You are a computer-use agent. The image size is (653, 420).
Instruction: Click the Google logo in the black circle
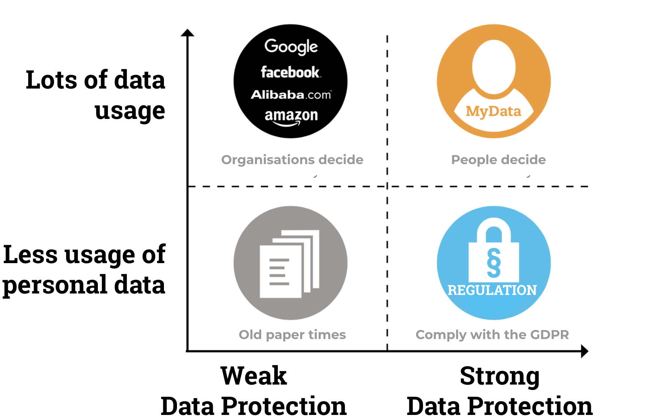pyautogui.click(x=291, y=47)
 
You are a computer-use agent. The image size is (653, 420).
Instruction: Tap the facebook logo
pyautogui.click(x=291, y=72)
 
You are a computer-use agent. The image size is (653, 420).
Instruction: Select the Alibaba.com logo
pyautogui.click(x=291, y=95)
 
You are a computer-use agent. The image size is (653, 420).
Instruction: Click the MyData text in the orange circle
pyautogui.click(x=493, y=112)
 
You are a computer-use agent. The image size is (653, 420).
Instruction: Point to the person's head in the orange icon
pyautogui.click(x=493, y=67)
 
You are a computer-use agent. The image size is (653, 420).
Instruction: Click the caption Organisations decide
pyautogui.click(x=292, y=160)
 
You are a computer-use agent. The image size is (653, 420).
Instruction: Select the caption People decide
pyautogui.click(x=498, y=160)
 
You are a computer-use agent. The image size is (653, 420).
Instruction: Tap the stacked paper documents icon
pyautogui.click(x=289, y=264)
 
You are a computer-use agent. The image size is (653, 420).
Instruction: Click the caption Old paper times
pyautogui.click(x=292, y=335)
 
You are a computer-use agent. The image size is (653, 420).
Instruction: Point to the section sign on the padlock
pyautogui.click(x=494, y=263)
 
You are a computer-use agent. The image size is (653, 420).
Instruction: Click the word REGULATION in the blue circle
pyautogui.click(x=492, y=290)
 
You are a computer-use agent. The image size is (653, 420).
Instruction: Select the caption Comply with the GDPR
pyautogui.click(x=492, y=335)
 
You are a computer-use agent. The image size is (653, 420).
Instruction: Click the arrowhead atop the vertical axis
pyautogui.click(x=187, y=33)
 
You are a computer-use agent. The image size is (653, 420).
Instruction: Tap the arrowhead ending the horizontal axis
pyautogui.click(x=585, y=351)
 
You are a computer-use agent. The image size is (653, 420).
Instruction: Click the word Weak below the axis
pyautogui.click(x=254, y=376)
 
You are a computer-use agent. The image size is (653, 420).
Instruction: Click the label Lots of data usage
pyautogui.click(x=96, y=95)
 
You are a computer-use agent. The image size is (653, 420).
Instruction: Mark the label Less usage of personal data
pyautogui.click(x=84, y=270)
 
